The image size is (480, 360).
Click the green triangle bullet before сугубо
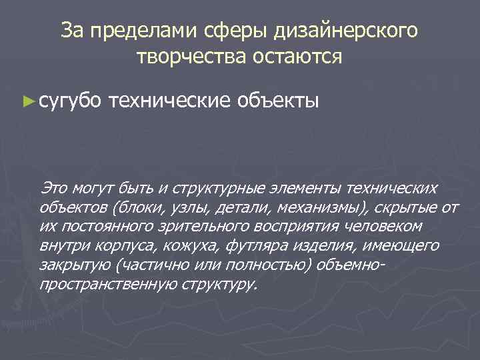click(27, 101)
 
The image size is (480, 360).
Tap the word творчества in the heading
click(191, 57)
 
